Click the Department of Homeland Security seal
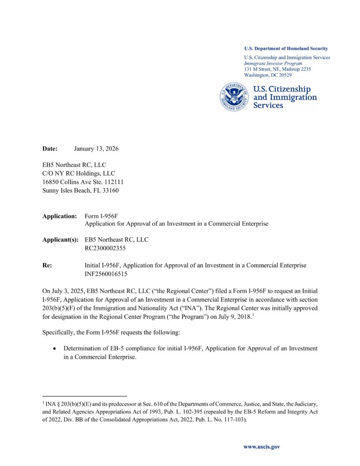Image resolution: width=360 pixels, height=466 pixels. (234, 97)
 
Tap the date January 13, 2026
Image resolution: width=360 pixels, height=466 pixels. (96, 149)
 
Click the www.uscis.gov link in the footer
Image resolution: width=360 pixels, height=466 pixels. (262, 446)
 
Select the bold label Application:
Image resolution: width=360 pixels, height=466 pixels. (60, 216)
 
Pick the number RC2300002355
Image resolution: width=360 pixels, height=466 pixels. (105, 248)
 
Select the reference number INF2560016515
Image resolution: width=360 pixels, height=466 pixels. (106, 274)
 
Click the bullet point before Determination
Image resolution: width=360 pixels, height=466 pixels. (55, 349)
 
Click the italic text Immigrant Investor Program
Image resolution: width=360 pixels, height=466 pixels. (273, 63)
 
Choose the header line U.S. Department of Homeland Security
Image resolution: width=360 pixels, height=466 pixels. (286, 49)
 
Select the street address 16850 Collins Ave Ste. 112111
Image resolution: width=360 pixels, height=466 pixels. (83, 182)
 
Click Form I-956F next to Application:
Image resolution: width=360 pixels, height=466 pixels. (101, 216)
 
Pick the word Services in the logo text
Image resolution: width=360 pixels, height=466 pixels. (268, 106)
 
